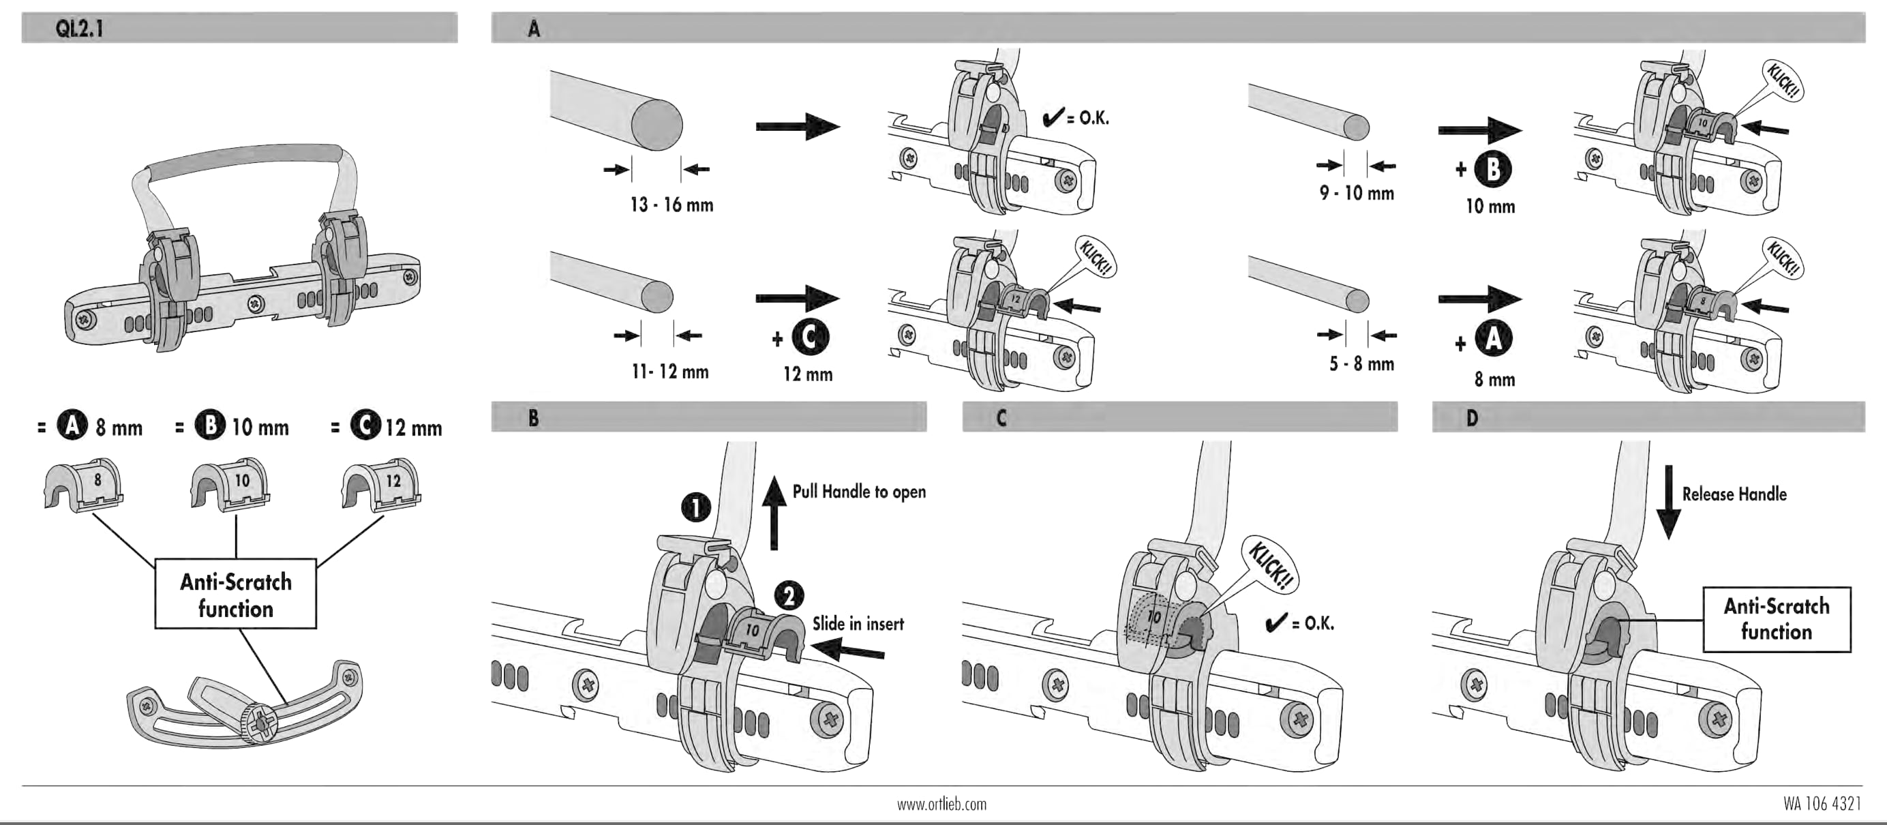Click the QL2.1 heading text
(79, 29)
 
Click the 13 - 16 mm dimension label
(671, 205)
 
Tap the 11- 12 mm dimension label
(669, 372)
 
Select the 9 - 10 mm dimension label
(1357, 194)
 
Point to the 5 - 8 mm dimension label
(1361, 363)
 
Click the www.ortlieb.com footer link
(941, 805)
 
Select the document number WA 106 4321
(1822, 804)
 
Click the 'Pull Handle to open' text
(858, 492)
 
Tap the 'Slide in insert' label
(858, 623)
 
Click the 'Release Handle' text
(1734, 494)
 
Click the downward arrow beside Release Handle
(1669, 502)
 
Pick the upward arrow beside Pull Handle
(774, 512)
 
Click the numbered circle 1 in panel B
(696, 507)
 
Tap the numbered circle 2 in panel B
(788, 596)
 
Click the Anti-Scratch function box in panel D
(1777, 619)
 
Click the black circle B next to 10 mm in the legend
(209, 425)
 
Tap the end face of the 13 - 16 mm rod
(657, 125)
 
